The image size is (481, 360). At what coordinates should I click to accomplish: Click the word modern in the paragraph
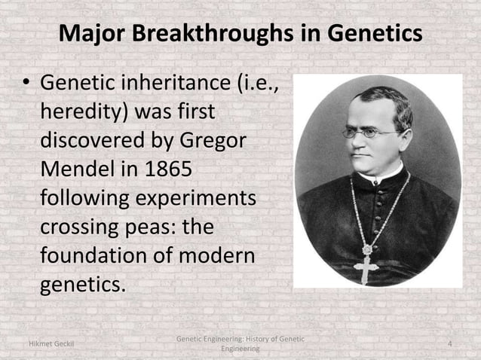click(216, 255)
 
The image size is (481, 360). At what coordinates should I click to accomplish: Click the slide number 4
click(450, 344)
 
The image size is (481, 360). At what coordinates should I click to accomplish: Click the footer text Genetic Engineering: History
click(240, 340)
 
